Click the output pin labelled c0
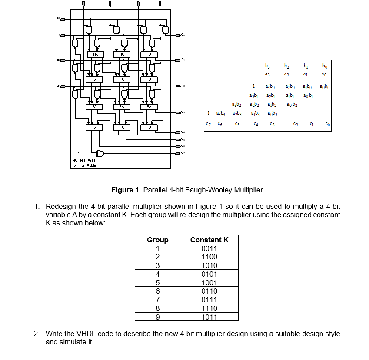click(x=178, y=35)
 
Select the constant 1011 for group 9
click(x=209, y=317)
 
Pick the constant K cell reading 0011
click(x=209, y=248)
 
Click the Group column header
click(x=157, y=240)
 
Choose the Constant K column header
click(x=209, y=240)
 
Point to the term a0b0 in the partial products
click(x=324, y=87)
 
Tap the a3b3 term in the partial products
click(x=221, y=114)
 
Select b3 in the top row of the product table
click(x=267, y=66)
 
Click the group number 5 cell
click(x=157, y=283)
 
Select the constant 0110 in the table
click(x=209, y=291)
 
